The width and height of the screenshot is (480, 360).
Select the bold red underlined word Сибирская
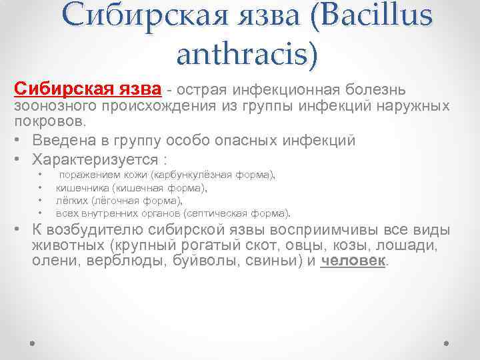point(53,89)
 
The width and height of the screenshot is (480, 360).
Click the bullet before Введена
point(19,141)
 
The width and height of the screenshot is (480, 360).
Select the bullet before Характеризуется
point(19,160)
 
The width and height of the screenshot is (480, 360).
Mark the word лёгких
point(71,201)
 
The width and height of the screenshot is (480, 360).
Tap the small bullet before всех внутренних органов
point(41,213)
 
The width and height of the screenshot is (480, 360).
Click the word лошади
point(411,246)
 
